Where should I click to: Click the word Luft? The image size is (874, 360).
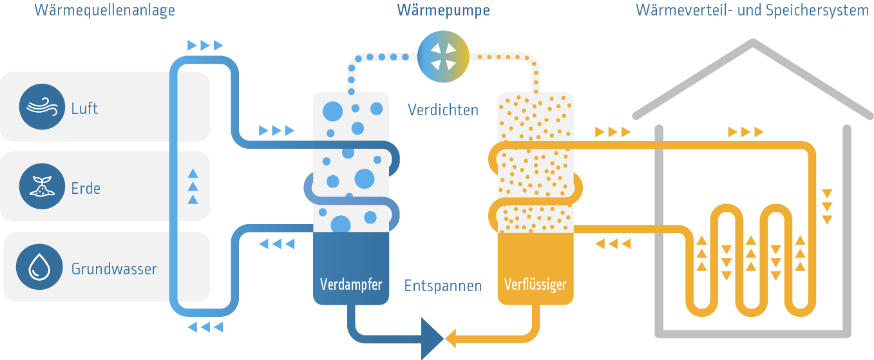pyautogui.click(x=85, y=108)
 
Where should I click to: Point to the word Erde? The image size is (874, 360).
pyautogui.click(x=86, y=189)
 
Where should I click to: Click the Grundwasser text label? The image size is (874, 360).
pyautogui.click(x=114, y=269)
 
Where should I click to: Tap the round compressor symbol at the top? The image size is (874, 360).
pyautogui.click(x=443, y=57)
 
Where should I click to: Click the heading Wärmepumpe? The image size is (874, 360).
pyautogui.click(x=443, y=10)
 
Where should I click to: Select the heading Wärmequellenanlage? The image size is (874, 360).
pyautogui.click(x=104, y=10)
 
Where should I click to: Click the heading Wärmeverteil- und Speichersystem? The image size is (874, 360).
pyautogui.click(x=752, y=10)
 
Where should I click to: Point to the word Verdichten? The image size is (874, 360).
pyautogui.click(x=443, y=109)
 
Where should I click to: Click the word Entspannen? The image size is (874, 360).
pyautogui.click(x=443, y=286)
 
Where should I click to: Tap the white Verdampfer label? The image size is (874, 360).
pyautogui.click(x=351, y=284)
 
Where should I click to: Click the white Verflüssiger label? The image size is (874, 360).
pyautogui.click(x=535, y=284)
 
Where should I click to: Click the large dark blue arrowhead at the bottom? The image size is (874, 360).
pyautogui.click(x=432, y=337)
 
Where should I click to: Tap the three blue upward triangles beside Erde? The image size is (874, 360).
pyautogui.click(x=193, y=186)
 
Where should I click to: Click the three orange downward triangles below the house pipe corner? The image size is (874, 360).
pyautogui.click(x=828, y=207)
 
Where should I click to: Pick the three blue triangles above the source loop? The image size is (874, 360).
pyautogui.click(x=205, y=45)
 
